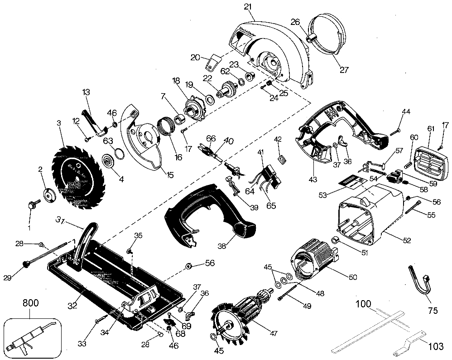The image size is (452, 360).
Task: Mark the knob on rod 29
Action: click(x=24, y=263)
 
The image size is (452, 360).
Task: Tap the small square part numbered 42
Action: click(x=281, y=159)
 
